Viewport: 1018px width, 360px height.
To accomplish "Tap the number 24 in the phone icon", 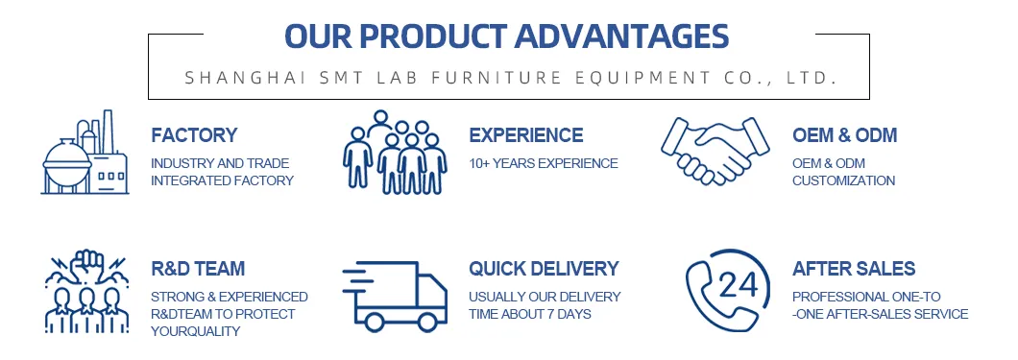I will pyautogui.click(x=738, y=285).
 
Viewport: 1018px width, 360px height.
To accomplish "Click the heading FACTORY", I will pyautogui.click(x=194, y=135).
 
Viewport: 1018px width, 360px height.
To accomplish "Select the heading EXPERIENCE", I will pyautogui.click(x=525, y=135).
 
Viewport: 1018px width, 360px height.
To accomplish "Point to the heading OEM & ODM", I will pyautogui.click(x=844, y=135).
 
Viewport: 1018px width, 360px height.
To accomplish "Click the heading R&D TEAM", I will pyautogui.click(x=198, y=269).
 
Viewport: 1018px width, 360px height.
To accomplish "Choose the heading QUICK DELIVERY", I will pyautogui.click(x=544, y=269).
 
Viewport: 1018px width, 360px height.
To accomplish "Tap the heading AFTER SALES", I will pyautogui.click(x=854, y=269).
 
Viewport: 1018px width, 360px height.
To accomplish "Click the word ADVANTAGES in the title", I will pyautogui.click(x=620, y=36).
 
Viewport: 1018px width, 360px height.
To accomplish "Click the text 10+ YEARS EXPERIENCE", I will pyautogui.click(x=543, y=163).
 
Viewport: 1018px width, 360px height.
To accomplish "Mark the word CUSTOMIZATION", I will pyautogui.click(x=843, y=180).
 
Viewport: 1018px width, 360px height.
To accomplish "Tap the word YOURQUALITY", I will pyautogui.click(x=195, y=331).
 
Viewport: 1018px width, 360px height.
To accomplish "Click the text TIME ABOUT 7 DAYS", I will pyautogui.click(x=529, y=314).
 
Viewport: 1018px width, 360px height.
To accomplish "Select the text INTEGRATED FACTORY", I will pyautogui.click(x=222, y=180).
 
